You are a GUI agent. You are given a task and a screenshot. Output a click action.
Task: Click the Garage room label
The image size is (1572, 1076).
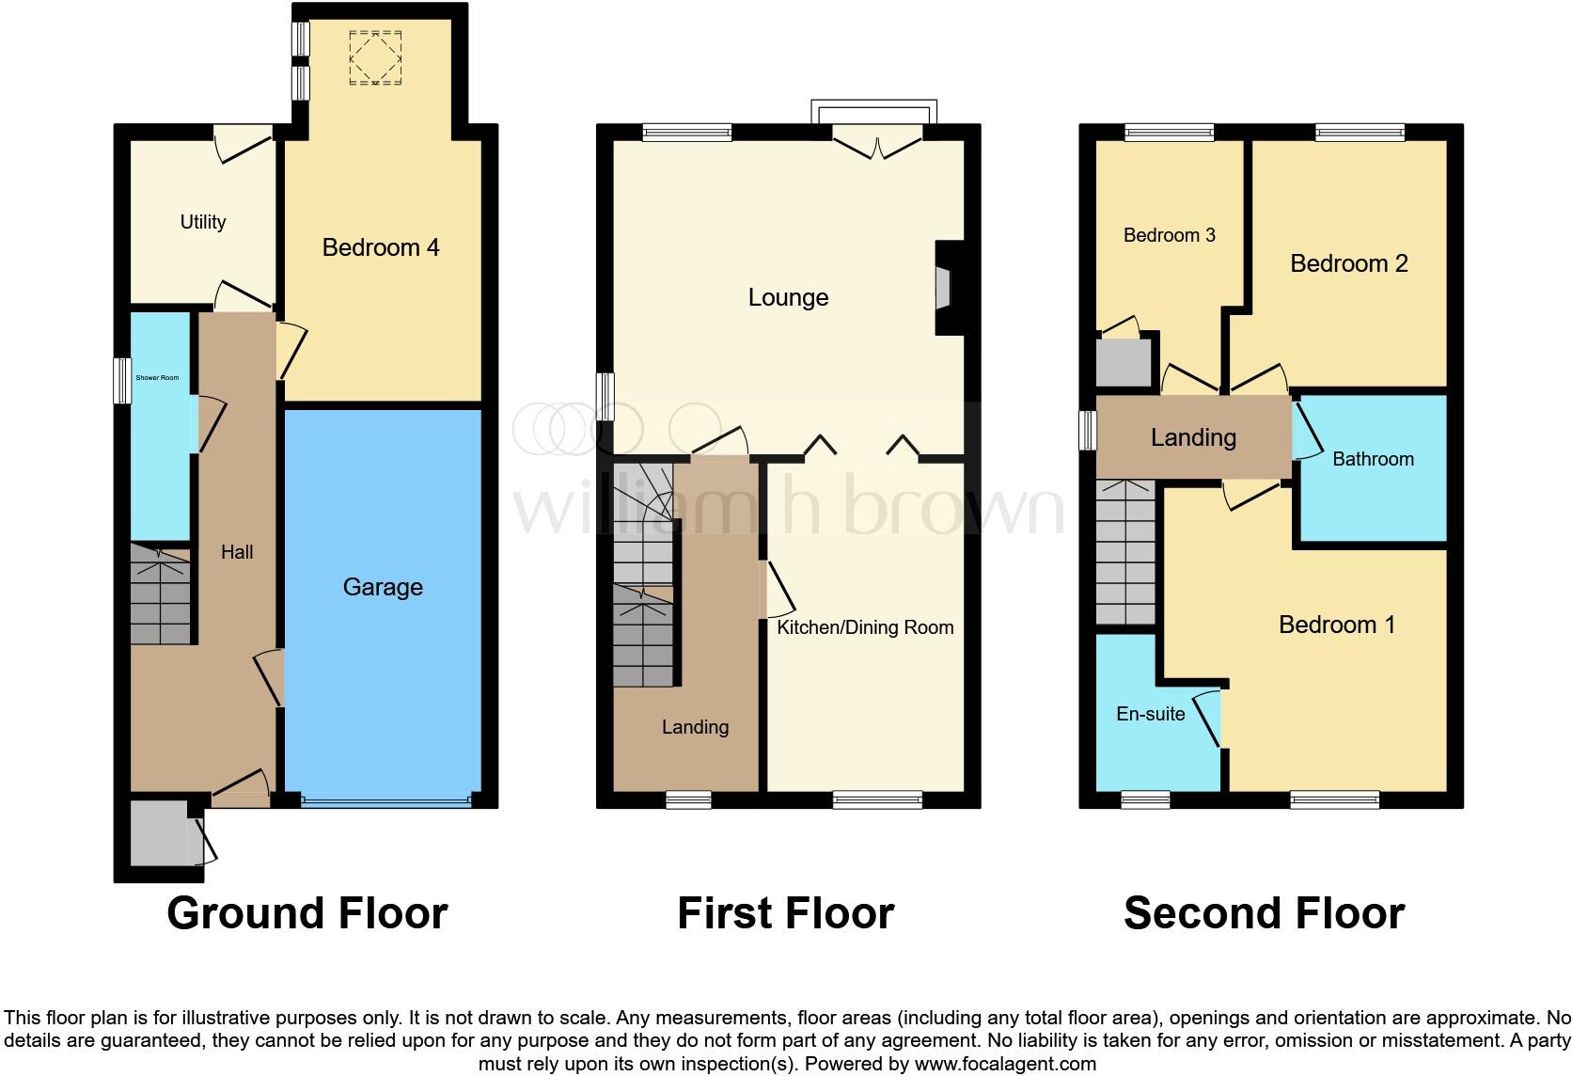(383, 587)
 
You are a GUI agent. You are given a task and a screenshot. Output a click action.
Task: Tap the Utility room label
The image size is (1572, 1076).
(203, 222)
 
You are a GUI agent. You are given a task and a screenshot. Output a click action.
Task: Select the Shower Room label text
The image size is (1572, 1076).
(157, 378)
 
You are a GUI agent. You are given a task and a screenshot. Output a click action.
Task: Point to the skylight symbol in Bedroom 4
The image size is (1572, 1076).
(375, 57)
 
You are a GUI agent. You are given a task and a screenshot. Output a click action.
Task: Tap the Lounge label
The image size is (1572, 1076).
(788, 298)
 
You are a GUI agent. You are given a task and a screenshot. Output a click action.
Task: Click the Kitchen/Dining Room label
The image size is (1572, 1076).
(865, 627)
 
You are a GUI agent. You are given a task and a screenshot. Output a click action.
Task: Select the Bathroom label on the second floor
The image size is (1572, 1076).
(1373, 459)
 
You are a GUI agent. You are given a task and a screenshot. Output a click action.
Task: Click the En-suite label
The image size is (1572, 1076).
(1150, 714)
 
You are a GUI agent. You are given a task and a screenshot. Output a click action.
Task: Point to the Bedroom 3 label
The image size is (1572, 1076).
(1169, 235)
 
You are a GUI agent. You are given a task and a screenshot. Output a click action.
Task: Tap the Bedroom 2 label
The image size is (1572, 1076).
(1348, 264)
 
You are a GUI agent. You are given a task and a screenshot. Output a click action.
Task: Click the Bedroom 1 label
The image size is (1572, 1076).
(1336, 625)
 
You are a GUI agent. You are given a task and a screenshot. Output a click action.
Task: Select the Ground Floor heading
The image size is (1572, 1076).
(307, 913)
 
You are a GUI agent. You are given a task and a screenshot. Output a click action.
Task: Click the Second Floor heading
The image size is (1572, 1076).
(1264, 913)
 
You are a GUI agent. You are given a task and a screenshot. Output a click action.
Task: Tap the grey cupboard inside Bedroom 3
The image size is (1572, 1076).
(1124, 362)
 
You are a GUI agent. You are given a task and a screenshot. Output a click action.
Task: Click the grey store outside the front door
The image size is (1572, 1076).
(159, 834)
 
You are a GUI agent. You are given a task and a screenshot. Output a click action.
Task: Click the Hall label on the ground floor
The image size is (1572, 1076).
(237, 552)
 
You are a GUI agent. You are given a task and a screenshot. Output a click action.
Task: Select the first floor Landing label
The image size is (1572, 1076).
(695, 727)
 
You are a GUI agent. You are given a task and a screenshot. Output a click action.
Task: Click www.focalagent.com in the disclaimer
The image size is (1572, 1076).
(1004, 1065)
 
